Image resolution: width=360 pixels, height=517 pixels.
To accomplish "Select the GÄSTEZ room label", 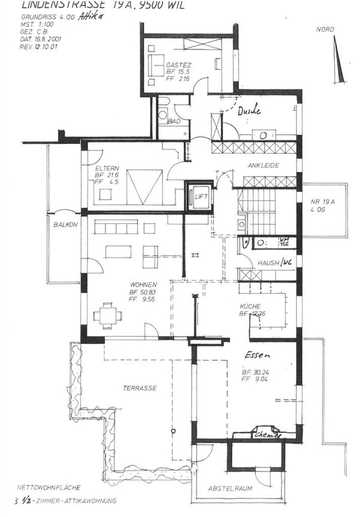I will point(179,64).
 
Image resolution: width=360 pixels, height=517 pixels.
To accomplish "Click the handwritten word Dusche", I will point(249,111).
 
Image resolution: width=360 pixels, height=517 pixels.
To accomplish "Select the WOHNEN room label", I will point(143,284).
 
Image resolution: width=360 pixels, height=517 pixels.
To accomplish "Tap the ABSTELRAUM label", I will point(231,489).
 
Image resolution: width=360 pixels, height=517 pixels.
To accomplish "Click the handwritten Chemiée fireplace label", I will point(267,434).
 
